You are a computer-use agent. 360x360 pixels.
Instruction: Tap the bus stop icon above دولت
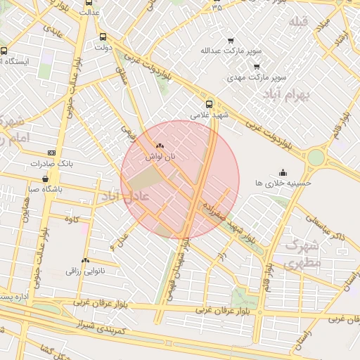pos(103,37)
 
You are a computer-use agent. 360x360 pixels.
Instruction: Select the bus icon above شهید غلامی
pos(210,101)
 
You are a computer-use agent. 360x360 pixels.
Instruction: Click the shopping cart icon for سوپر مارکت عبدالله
pos(230,40)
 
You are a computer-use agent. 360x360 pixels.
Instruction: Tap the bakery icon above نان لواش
pos(159,146)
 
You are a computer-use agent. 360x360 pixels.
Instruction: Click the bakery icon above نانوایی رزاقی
pos(85,259)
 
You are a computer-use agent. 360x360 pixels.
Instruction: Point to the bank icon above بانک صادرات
pos(51,153)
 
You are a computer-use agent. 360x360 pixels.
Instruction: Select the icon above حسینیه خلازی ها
pos(283,172)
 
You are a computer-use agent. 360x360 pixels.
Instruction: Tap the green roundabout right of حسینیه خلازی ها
pos(316,157)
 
